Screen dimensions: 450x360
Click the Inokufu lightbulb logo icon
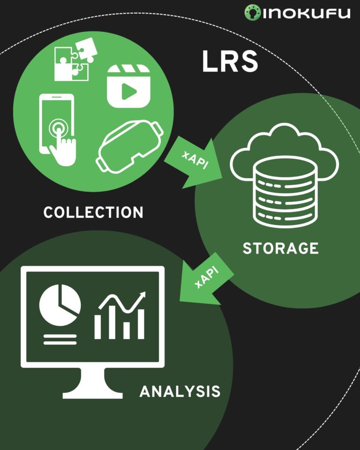pos(252,13)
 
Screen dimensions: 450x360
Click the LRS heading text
pos(230,62)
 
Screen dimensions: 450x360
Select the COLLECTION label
pos(93,212)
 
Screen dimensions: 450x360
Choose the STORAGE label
pos(280,248)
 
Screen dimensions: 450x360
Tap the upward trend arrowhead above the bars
pos(142,295)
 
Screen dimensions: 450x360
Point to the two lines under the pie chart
pos(60,339)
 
